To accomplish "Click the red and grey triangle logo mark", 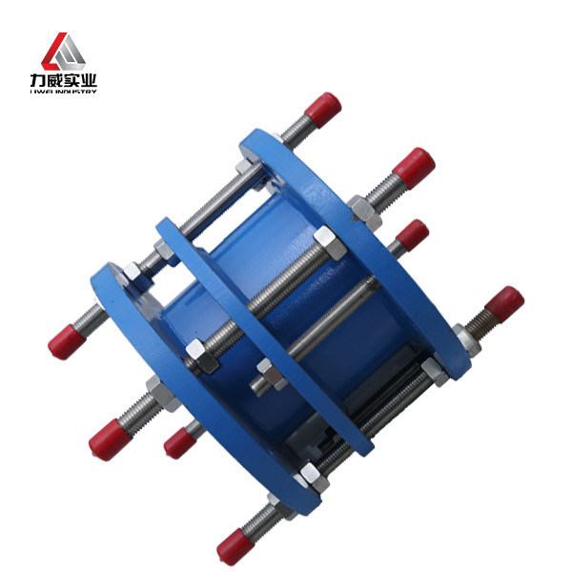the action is pos(63,51).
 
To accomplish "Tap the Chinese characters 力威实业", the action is pos(64,80).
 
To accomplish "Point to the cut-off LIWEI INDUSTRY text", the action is pos(64,92).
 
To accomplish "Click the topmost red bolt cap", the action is pos(323,109).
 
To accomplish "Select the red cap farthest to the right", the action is pos(505,305).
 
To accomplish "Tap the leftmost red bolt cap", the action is pos(67,342).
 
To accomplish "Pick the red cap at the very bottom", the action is pos(234,546).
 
